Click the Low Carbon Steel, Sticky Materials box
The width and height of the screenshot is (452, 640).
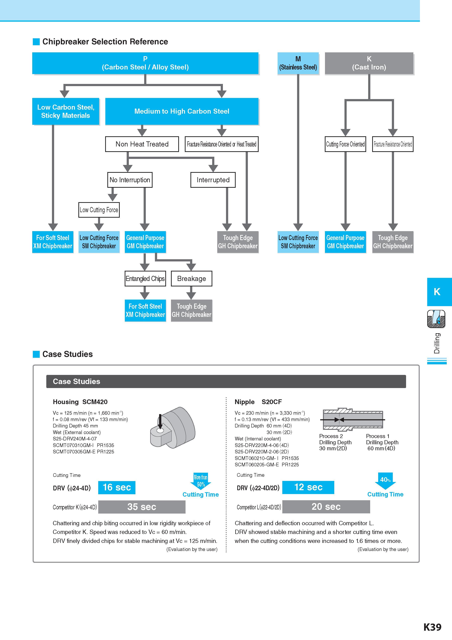point(66,111)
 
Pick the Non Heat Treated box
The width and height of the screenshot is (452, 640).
point(142,144)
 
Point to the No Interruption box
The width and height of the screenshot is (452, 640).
point(130,180)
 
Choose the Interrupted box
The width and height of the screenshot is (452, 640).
point(213,180)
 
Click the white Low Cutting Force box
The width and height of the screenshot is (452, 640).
point(99,210)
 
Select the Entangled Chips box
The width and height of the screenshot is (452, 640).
point(145,278)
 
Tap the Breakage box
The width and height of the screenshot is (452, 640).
point(192,278)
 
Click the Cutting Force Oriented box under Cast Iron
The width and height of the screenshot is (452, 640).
point(345,144)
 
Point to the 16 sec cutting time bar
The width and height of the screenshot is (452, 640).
point(117,487)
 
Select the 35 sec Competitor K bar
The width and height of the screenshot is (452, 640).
point(142,507)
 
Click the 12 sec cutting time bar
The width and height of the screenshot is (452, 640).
point(308,487)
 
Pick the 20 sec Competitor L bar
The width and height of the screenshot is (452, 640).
point(326,506)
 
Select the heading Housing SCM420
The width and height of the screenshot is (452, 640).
point(80,402)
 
